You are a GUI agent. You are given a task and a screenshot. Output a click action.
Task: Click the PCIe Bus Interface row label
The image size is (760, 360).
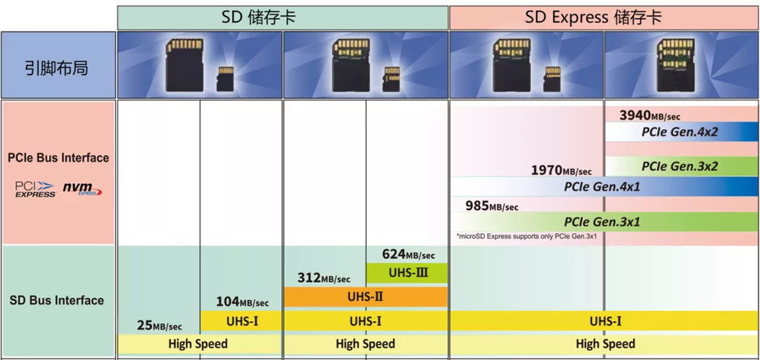(58, 158)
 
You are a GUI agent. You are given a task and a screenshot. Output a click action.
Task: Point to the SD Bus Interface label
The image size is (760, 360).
(57, 300)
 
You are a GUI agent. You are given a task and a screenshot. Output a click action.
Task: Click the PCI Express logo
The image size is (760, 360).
(35, 189)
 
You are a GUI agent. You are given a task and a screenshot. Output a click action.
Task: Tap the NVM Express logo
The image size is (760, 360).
(82, 189)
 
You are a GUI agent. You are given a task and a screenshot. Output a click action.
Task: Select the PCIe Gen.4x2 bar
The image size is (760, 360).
(679, 132)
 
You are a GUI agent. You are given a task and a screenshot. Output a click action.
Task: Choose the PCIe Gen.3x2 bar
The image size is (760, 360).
(679, 166)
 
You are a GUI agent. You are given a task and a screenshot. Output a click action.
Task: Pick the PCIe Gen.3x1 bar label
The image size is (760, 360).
(602, 222)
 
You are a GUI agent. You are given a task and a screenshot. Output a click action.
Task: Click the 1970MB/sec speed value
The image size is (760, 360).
(561, 171)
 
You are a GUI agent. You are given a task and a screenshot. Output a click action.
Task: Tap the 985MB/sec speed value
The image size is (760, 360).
(491, 206)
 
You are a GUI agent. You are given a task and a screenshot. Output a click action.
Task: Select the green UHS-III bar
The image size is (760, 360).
(408, 273)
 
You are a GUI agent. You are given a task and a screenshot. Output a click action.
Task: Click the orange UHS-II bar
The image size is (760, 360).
(366, 297)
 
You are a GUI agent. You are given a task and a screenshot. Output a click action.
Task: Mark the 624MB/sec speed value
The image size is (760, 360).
(408, 254)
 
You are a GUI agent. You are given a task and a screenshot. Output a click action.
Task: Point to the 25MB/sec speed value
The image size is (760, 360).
(159, 325)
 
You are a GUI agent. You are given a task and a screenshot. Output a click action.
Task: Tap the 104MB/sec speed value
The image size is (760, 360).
(242, 302)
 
